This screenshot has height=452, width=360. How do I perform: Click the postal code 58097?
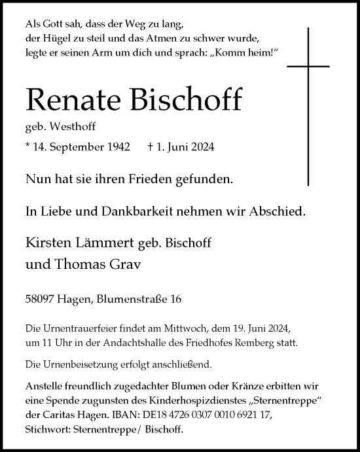pyautogui.click(x=41, y=298)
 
